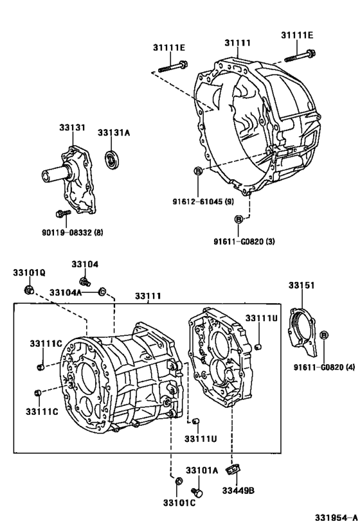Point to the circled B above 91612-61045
click(x=199, y=170)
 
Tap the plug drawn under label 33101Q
click(x=28, y=290)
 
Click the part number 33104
click(x=85, y=264)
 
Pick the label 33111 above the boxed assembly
click(x=148, y=296)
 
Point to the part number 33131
click(x=73, y=128)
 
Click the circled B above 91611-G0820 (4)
click(x=324, y=335)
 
